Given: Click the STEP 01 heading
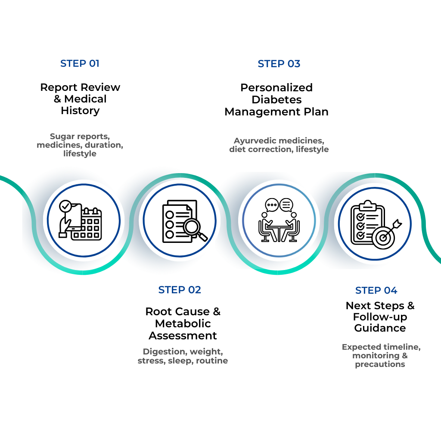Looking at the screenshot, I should [x=80, y=64].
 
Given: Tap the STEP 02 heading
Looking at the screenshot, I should [x=180, y=290].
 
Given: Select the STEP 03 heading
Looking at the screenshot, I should [x=279, y=64].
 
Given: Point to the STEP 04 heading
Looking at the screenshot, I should [x=376, y=291].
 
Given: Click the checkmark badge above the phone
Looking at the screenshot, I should [x=65, y=206].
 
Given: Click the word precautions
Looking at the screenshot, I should [x=380, y=364].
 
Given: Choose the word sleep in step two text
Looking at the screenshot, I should [x=181, y=361].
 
